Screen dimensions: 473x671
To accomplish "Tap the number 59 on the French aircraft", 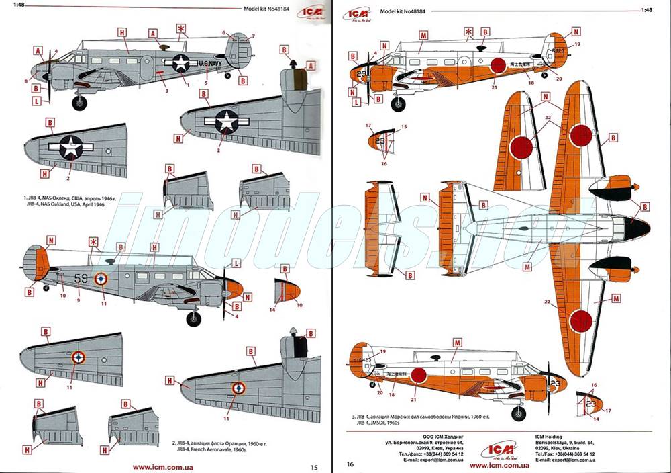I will [81, 276].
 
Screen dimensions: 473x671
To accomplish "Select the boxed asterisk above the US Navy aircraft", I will [180, 28].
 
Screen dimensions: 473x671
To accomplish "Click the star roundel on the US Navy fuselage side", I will [181, 63].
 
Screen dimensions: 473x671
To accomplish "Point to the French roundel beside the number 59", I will [101, 277].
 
